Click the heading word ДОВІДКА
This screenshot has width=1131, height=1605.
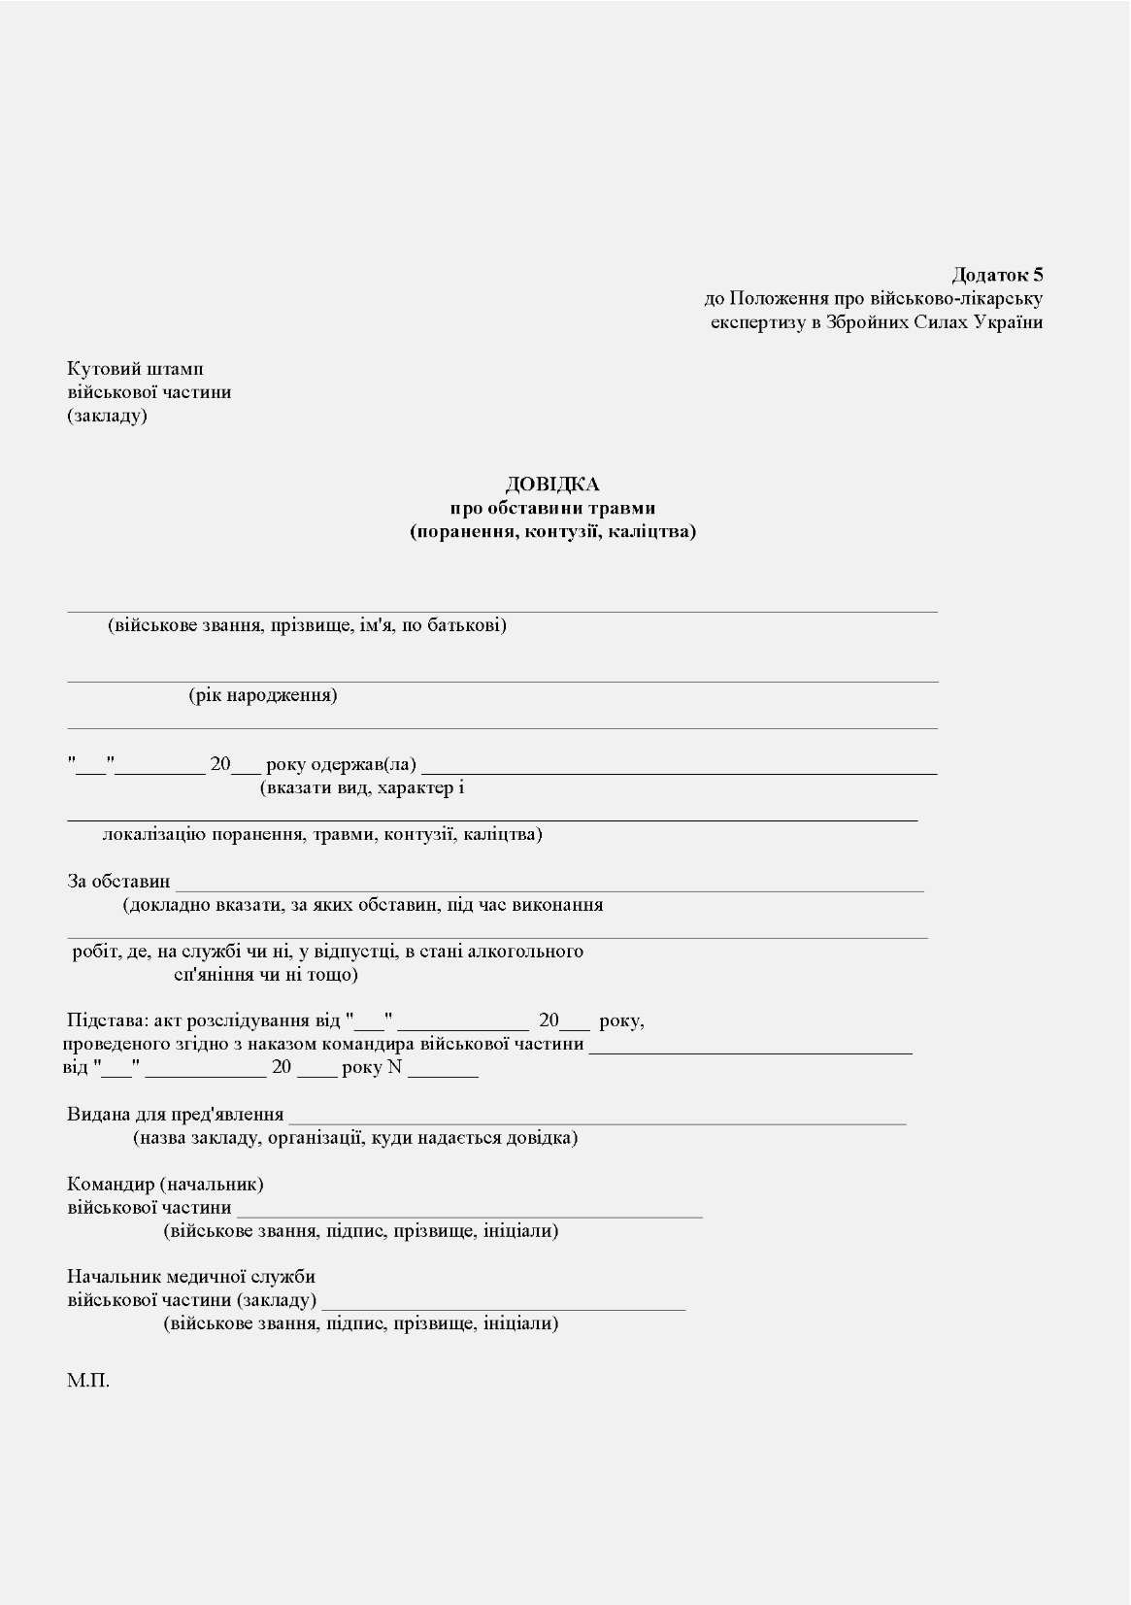[552, 485]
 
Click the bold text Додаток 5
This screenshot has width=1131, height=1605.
[997, 275]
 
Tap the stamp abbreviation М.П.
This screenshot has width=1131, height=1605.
[88, 1380]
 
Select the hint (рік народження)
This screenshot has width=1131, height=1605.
[263, 695]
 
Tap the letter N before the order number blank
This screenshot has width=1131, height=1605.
[394, 1067]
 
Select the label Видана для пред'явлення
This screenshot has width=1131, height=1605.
[176, 1115]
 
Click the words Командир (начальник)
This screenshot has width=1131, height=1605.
[165, 1184]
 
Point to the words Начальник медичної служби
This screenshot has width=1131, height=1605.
[191, 1277]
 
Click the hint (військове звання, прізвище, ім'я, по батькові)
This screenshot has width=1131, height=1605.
[307, 625]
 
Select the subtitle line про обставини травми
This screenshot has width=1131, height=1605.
[552, 508]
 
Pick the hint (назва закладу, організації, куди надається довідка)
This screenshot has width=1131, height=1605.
[355, 1137]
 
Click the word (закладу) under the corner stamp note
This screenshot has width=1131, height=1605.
[107, 416]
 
